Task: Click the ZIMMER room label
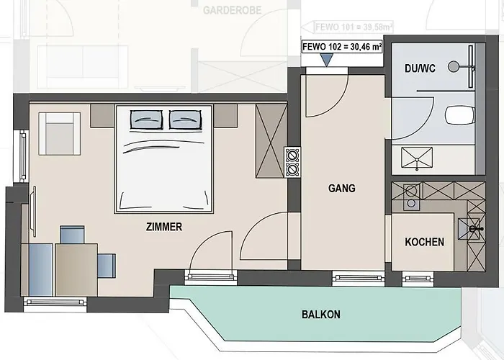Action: pos(164,227)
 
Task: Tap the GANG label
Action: pos(342,188)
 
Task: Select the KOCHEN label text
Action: pos(424,242)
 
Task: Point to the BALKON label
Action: pos(321,314)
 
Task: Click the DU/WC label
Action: pos(420,68)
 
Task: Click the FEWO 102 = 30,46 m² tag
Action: pos(342,47)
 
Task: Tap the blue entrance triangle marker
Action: pos(327,60)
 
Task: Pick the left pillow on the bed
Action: pos(146,120)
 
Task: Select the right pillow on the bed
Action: pos(186,120)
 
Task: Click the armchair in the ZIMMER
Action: pos(60,134)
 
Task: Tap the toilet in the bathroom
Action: pos(460,115)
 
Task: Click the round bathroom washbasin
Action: pos(454,66)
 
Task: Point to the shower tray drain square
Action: pos(417,158)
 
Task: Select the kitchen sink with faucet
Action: pos(469,228)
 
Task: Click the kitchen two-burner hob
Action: pos(411,197)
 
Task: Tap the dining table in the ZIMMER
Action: pos(76,269)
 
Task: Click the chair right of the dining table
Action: pos(107,266)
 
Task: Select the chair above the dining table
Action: pos(72,234)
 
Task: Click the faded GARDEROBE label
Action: pos(232,10)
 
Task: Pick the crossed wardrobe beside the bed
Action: pos(271,141)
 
